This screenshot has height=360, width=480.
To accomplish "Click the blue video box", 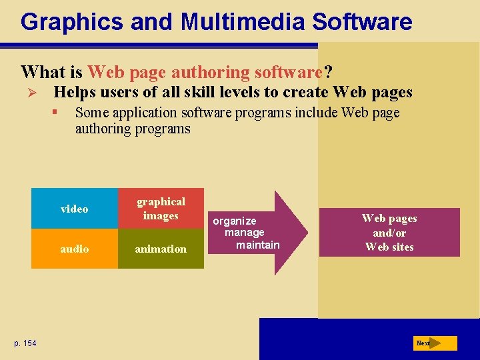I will tap(74, 209).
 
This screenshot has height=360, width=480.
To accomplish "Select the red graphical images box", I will tap(161, 209).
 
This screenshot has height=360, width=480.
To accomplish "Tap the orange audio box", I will tap(74, 249).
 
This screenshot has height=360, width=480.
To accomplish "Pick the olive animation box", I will tap(161, 249).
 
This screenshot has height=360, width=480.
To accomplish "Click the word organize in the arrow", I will tap(235, 221).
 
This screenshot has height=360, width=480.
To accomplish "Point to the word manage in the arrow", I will tap(244, 233).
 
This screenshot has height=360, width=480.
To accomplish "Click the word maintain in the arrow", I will tap(258, 245).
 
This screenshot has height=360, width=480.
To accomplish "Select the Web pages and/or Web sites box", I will tap(389, 233).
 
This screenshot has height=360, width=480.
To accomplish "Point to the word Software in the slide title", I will tap(363, 22).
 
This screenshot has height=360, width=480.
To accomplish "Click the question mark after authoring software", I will tap(328, 71).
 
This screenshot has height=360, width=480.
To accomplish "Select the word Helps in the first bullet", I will tap(73, 92).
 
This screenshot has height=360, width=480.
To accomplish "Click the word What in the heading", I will tap(43, 71).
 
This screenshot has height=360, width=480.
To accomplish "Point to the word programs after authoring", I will tap(162, 129).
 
